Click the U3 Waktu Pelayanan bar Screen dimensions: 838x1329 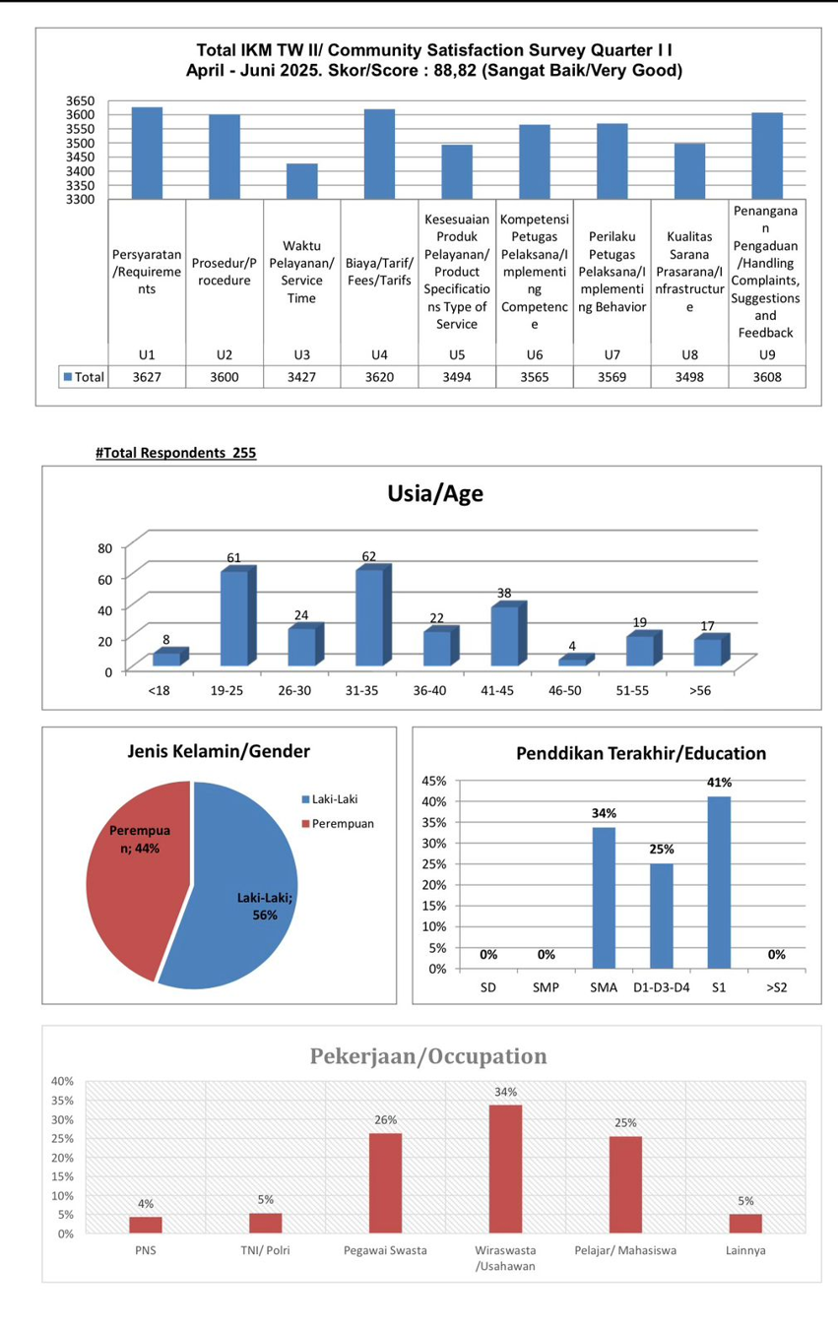302,181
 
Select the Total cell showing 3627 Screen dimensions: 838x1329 147,377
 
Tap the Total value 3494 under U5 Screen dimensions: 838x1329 457,377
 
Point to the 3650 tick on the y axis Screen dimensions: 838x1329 80,100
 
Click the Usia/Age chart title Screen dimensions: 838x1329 435,493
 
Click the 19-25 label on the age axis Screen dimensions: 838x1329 226,691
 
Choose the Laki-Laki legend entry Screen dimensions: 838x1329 330,799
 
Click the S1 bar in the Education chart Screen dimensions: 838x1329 719,882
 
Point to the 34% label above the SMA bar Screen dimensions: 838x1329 604,813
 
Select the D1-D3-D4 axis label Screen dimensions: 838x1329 661,987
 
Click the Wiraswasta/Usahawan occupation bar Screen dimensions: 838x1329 505,1169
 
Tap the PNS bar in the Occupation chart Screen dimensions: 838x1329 146,1225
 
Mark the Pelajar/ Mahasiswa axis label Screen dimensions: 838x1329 625,1250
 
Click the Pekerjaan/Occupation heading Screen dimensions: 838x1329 428,1056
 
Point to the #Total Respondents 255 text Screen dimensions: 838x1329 175,453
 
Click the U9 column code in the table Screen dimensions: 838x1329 767,354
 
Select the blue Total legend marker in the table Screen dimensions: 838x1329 68,377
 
